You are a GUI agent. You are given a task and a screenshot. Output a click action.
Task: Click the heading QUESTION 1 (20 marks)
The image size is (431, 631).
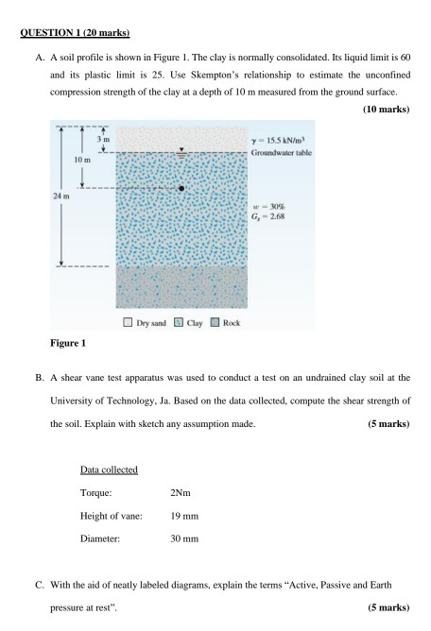(x=75, y=34)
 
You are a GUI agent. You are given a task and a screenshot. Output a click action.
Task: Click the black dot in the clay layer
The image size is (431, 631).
(x=181, y=189)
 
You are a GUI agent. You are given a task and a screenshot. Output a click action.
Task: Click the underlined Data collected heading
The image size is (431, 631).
(x=110, y=469)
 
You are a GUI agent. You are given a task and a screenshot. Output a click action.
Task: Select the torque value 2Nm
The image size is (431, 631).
(x=181, y=492)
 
